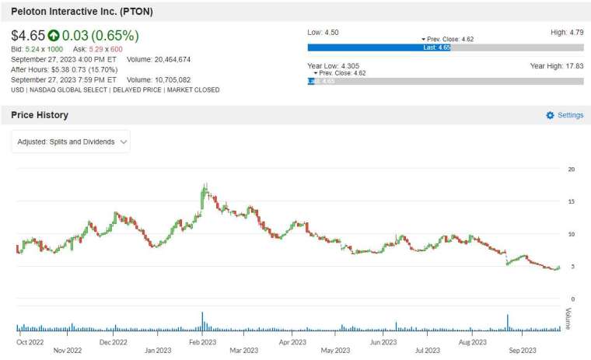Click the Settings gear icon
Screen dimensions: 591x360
[x=550, y=115]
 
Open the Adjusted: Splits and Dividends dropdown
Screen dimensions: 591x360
[x=71, y=142]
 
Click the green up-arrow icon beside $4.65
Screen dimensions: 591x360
[x=53, y=36]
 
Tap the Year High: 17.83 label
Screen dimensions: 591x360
[x=557, y=66]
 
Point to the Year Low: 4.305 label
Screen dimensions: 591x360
[x=333, y=66]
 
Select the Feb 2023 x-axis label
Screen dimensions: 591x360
[x=203, y=342]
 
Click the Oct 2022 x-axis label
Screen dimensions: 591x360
[x=30, y=342]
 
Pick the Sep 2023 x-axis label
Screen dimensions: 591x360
[x=523, y=351]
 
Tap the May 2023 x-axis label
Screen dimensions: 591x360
[x=335, y=351]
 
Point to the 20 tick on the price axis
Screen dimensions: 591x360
[x=572, y=170]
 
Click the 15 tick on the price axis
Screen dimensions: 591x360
[x=572, y=201]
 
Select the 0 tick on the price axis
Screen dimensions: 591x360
[x=573, y=299]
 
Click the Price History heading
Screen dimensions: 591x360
[x=40, y=115]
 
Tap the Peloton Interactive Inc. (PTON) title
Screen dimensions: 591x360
[x=82, y=12]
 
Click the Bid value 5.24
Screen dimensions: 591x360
[x=33, y=50]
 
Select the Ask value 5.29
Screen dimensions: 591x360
[x=96, y=50]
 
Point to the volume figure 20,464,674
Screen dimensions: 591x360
[x=173, y=60]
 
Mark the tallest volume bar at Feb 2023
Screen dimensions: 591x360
[x=202, y=322]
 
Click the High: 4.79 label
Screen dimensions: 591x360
[x=567, y=33]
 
